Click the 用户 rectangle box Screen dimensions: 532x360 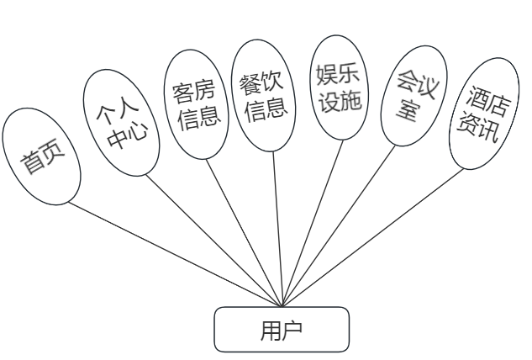tap(282, 329)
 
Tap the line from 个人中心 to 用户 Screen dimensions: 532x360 tap(210, 236)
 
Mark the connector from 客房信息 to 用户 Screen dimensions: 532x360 tap(244, 227)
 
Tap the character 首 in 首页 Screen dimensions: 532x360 tap(34, 163)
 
